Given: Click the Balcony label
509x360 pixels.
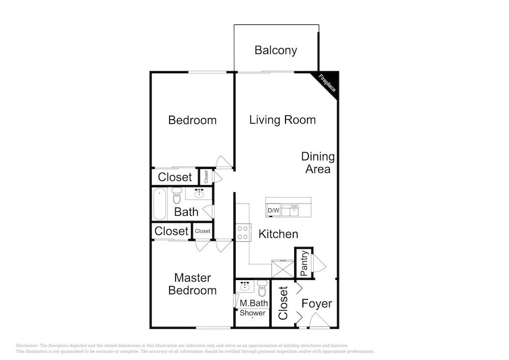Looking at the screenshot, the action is pos(275,50).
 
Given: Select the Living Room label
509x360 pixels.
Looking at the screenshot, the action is pos(282,120).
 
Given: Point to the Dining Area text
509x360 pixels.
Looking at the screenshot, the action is pos(318,162).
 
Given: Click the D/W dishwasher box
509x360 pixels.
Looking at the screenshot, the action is pos(273,210).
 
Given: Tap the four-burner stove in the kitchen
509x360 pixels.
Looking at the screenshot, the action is pos(243,232).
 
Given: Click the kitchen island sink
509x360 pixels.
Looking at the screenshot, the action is pos(290,210).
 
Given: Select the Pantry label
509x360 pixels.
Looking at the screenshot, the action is pos(304,263).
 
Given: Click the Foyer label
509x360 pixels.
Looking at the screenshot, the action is pos(317,303).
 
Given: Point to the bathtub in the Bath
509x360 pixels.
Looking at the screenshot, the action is pos(159,204).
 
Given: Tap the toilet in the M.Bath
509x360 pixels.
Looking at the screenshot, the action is pos(262,288).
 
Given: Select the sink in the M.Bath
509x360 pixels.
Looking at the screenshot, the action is pos(245,286).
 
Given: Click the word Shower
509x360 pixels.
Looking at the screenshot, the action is pos(252,313).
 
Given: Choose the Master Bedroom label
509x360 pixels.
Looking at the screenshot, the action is pos(192,284).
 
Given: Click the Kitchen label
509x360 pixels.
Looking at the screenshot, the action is pos(278,234).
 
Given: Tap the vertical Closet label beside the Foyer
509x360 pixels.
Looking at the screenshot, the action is pos(283,303).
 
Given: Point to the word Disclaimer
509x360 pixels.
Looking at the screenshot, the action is pos(27,346).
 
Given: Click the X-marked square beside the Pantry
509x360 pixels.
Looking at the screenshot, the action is pos(282,269).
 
